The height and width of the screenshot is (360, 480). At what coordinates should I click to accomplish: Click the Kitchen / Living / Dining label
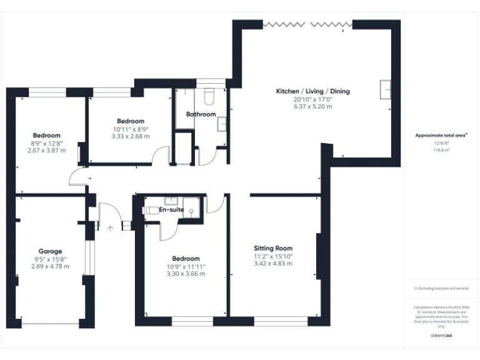point(313,91)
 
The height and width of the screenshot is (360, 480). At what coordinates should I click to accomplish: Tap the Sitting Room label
point(273,248)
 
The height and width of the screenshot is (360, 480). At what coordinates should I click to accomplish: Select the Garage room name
point(50,251)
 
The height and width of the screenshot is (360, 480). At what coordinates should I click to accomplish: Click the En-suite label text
point(171,209)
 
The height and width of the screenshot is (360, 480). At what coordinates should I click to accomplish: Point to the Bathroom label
point(201,114)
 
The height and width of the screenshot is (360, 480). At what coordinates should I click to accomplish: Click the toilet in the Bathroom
point(209,96)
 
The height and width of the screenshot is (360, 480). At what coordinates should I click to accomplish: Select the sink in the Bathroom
point(221,124)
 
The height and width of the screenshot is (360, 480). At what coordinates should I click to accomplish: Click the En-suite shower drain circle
point(191,211)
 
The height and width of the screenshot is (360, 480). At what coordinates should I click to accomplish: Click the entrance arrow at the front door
point(110,229)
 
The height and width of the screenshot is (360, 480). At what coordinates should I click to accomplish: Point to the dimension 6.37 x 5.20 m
point(312,107)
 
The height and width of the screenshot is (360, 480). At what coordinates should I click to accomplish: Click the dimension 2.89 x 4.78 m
point(50,266)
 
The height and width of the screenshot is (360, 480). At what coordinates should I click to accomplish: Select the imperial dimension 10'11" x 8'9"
point(130,129)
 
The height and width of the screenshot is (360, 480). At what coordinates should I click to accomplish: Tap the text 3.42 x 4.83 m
point(273,263)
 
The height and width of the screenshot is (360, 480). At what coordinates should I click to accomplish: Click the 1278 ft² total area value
point(441,143)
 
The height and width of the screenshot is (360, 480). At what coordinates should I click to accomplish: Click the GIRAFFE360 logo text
point(441,336)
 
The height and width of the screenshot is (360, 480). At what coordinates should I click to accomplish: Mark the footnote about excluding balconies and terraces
point(441,288)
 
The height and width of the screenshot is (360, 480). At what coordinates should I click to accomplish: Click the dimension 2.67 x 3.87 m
point(47,151)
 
